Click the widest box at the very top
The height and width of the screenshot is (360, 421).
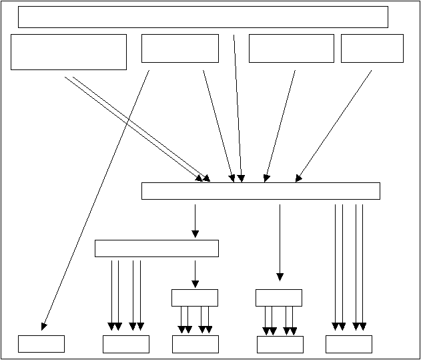(203, 17)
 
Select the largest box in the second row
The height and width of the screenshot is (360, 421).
(69, 52)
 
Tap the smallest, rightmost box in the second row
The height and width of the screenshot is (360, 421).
(372, 48)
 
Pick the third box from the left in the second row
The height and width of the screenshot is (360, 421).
(291, 48)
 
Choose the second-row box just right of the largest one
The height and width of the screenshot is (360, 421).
(180, 48)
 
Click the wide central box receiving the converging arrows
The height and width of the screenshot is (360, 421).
(260, 191)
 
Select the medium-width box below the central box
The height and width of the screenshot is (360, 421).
(157, 248)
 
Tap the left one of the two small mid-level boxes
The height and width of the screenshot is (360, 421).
(195, 297)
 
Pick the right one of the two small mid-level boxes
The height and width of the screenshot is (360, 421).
(279, 297)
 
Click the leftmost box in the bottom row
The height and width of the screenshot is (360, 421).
(41, 343)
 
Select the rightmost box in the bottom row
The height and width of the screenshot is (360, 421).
(348, 343)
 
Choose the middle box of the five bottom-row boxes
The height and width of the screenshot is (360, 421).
(195, 343)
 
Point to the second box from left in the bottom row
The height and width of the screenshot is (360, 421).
(125, 343)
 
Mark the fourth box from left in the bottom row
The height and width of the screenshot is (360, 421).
(280, 343)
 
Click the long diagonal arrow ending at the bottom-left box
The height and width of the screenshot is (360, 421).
(95, 200)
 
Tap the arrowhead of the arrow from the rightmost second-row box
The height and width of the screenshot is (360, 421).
(298, 178)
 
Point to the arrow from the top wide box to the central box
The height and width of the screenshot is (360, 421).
(238, 107)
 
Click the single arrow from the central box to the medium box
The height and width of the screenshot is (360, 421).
(195, 220)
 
